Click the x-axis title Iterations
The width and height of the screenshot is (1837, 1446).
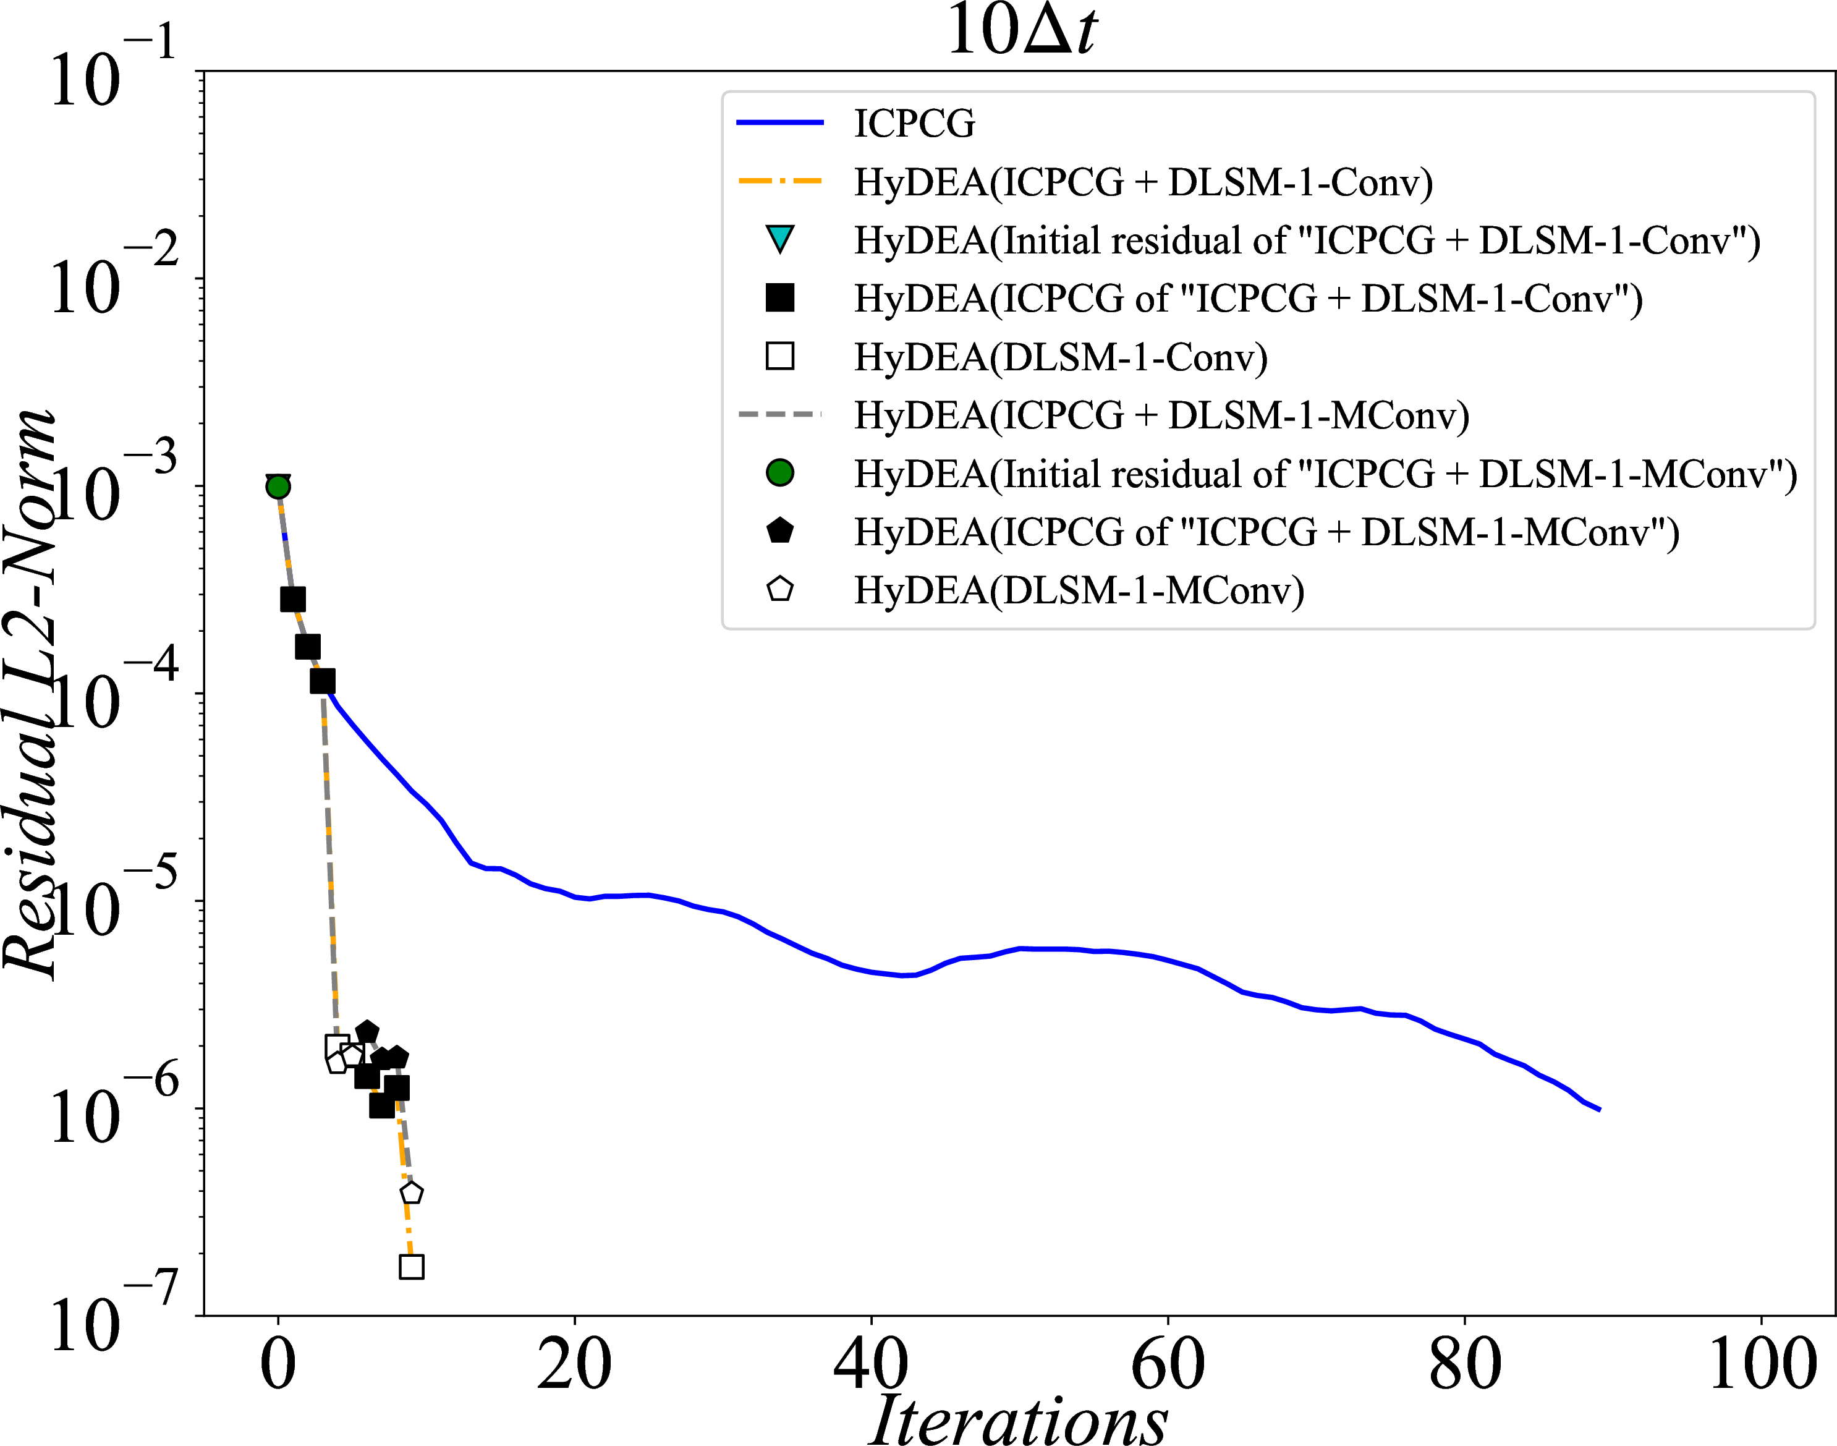click(1019, 1418)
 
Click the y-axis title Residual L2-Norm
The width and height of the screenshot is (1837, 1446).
click(30, 694)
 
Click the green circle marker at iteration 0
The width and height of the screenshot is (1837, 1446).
click(278, 487)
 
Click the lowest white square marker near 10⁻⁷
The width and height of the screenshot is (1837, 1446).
click(412, 1267)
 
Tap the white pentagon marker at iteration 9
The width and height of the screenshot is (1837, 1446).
click(412, 1193)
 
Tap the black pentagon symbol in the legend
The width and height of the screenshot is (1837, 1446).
click(779, 531)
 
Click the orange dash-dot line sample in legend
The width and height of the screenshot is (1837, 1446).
click(779, 181)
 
